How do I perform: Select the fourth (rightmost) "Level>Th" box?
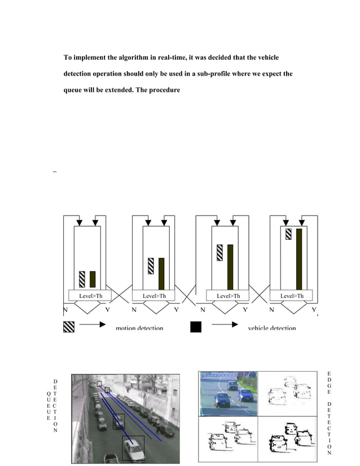292,296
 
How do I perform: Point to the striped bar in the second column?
151,266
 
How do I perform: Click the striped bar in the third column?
219,252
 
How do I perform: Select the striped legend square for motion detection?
69,326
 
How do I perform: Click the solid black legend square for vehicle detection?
196,326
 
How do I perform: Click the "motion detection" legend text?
139,328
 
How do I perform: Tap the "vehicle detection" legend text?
272,328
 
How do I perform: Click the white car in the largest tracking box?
133,450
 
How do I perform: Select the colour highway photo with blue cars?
228,393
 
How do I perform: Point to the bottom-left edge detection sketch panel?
228,438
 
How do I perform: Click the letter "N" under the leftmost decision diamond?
65,310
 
